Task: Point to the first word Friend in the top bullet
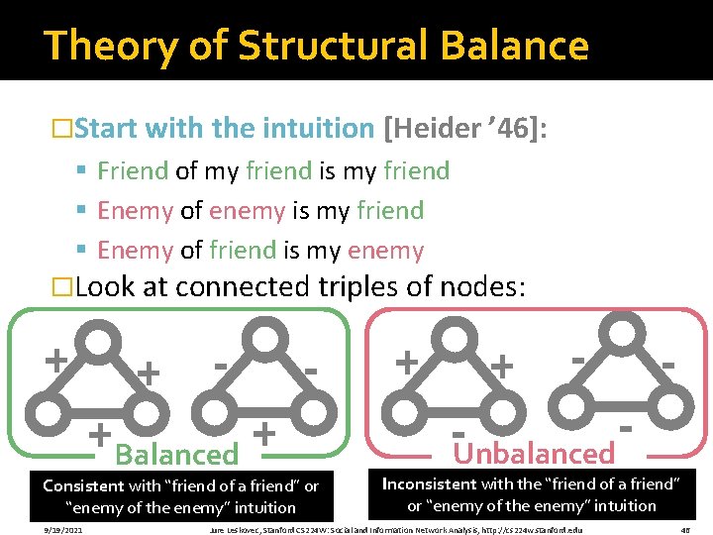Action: pyautogui.click(x=133, y=170)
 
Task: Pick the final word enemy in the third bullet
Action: pyautogui.click(x=388, y=251)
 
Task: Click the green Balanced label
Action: pyautogui.click(x=177, y=455)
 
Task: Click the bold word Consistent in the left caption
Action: pyautogui.click(x=83, y=486)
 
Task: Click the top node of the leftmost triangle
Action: pyautogui.click(x=100, y=341)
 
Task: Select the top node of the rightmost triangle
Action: pyautogui.click(x=622, y=331)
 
